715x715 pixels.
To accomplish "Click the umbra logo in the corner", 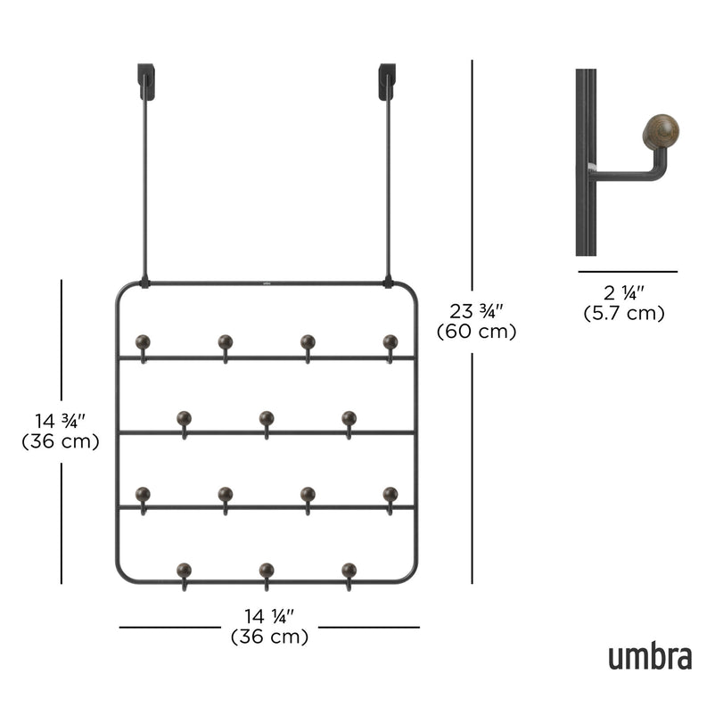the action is (650, 657).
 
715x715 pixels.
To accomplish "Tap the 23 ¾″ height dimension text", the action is (476, 312).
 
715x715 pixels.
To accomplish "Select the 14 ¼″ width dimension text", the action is (269, 617).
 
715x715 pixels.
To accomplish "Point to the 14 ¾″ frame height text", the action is (61, 421).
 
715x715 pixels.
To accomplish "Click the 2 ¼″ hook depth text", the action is (624, 293).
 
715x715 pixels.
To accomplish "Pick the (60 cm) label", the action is (476, 332).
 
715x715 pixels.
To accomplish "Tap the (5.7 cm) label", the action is (624, 313).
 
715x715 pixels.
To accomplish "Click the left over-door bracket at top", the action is (146, 81).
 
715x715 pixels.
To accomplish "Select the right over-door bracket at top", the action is (387, 82).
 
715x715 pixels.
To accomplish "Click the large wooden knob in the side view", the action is (661, 132).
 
